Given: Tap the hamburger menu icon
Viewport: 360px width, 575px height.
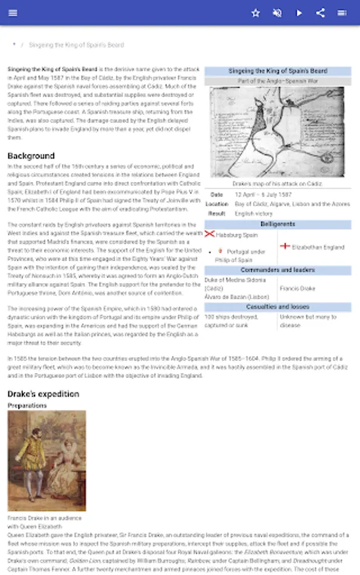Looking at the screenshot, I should (13, 13).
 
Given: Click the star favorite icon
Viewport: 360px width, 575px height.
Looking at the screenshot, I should (256, 13).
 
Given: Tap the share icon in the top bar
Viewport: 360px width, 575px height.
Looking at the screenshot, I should (321, 13).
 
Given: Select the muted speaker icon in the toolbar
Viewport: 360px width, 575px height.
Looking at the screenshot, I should (277, 13).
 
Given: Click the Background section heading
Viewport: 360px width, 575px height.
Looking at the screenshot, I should (31, 156).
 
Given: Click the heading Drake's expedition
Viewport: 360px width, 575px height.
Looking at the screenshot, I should (43, 394).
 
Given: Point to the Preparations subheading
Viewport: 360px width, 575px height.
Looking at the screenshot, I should (27, 405).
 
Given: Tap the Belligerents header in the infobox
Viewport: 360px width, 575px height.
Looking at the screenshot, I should (278, 224).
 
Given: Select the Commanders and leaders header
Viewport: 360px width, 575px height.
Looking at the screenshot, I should (278, 270).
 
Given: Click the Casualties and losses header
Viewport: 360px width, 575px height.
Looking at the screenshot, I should (278, 307).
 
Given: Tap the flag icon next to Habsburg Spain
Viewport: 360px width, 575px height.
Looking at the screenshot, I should (209, 234).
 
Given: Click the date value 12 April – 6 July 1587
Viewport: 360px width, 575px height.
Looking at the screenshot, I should (263, 194).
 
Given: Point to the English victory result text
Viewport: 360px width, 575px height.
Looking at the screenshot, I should (254, 213).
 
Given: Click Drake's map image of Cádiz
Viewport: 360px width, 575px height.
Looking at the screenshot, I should (277, 132).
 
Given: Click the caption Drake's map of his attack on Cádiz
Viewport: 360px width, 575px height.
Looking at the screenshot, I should (278, 183).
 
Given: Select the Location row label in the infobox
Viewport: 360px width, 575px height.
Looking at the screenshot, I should (217, 204).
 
